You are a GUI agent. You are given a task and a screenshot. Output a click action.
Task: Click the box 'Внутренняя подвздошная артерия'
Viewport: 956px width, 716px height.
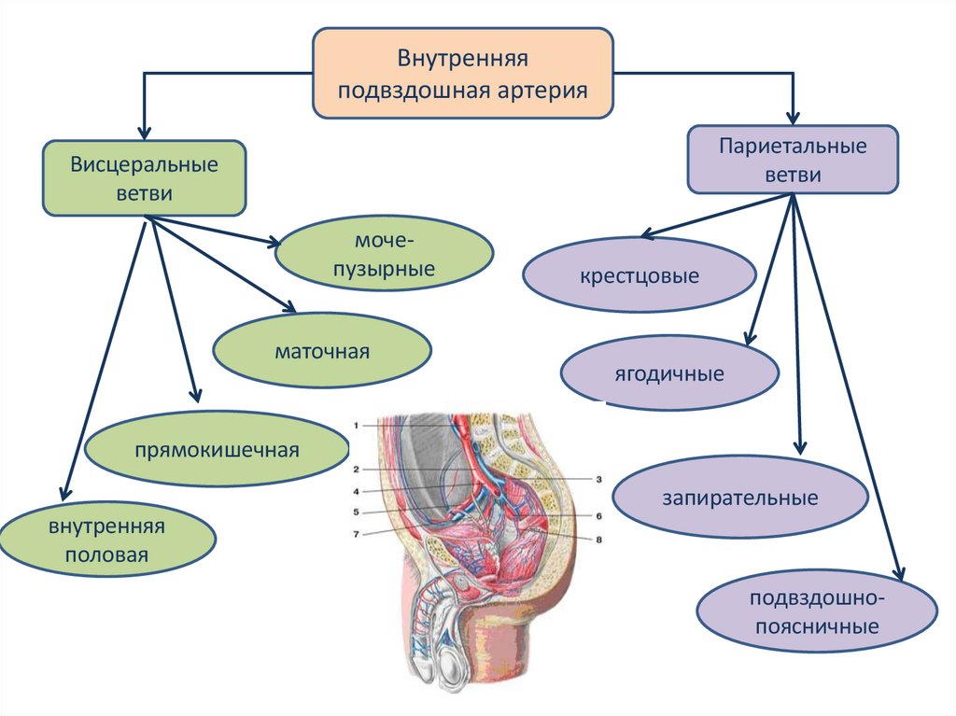pyautogui.click(x=462, y=73)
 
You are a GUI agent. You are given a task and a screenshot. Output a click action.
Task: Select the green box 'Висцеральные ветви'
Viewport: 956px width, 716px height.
pyautogui.click(x=144, y=178)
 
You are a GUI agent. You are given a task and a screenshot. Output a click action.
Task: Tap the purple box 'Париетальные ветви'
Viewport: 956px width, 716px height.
pyautogui.click(x=793, y=161)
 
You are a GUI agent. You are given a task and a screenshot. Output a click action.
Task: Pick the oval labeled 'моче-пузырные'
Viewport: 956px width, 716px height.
pyautogui.click(x=385, y=255)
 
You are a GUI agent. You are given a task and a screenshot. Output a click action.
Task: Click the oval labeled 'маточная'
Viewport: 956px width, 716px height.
pyautogui.click(x=322, y=352)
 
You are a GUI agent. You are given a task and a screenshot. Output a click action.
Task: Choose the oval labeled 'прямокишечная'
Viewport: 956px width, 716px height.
pyautogui.click(x=216, y=451)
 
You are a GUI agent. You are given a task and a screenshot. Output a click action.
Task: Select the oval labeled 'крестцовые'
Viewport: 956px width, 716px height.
pyautogui.click(x=639, y=276)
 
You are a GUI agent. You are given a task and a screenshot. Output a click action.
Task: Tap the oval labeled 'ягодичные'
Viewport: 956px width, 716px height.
pyautogui.click(x=668, y=374)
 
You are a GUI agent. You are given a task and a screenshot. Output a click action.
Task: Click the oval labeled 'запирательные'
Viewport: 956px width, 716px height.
pyautogui.click(x=740, y=498)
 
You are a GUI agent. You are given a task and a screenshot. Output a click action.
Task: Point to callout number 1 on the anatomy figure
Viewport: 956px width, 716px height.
pyautogui.click(x=356, y=425)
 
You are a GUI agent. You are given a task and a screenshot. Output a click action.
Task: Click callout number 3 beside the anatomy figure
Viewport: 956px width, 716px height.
pyautogui.click(x=598, y=478)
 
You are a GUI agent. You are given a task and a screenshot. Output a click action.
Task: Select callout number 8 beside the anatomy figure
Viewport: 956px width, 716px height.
pyautogui.click(x=598, y=539)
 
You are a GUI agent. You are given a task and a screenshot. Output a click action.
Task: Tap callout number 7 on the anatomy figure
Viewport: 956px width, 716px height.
pyautogui.click(x=356, y=534)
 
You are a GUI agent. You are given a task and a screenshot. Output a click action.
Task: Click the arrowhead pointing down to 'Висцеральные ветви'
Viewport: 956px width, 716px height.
pyautogui.click(x=144, y=132)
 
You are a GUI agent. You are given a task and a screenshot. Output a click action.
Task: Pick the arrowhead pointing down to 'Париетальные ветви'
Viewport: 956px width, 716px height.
pyautogui.click(x=793, y=119)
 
